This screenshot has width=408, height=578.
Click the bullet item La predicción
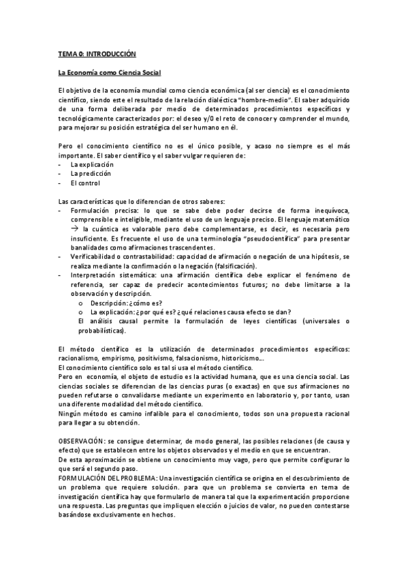pos(91,174)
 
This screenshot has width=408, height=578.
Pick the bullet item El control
pos(85,183)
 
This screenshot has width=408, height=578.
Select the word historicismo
pos(243,359)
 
